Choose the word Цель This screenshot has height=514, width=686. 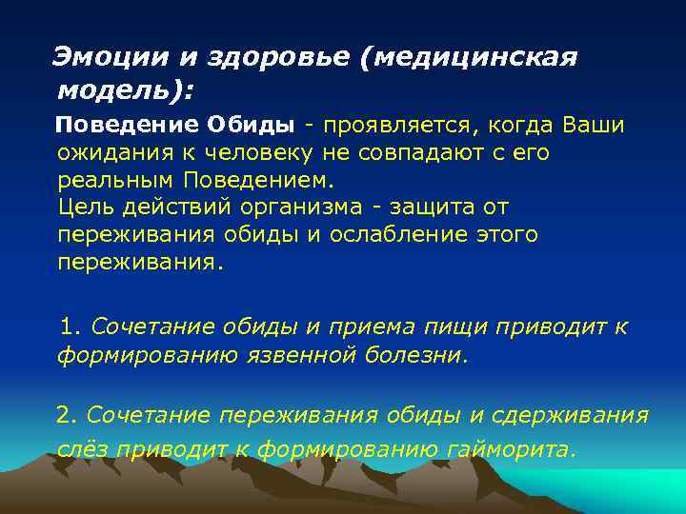[87, 207]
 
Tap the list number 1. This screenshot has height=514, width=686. [67, 326]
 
